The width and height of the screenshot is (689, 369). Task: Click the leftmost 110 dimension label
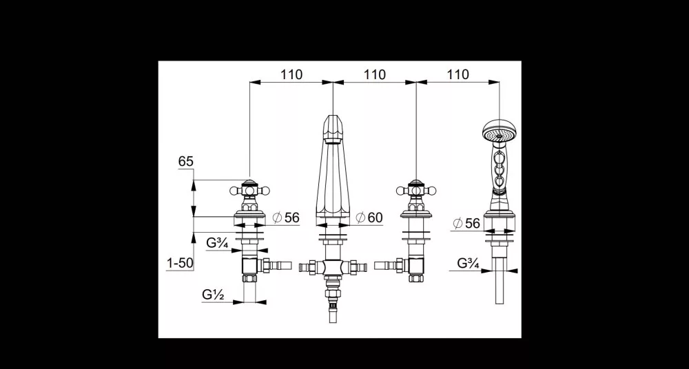point(291,74)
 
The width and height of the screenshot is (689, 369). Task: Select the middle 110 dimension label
point(375,74)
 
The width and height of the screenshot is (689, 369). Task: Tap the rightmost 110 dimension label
point(458,74)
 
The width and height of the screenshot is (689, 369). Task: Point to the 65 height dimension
point(186,162)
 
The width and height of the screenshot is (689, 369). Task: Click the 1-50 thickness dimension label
point(180,263)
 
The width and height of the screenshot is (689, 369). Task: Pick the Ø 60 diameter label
point(369,218)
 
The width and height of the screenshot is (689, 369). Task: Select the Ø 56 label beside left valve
point(286,218)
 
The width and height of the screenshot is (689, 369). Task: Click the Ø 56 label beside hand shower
point(466,224)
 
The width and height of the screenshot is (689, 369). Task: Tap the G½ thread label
point(214,295)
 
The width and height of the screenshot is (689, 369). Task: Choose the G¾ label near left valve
point(217,243)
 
